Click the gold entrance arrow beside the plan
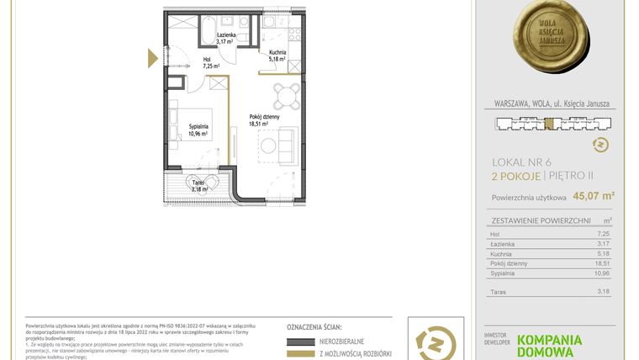click(x=152, y=58)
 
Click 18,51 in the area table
click(x=600, y=263)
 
